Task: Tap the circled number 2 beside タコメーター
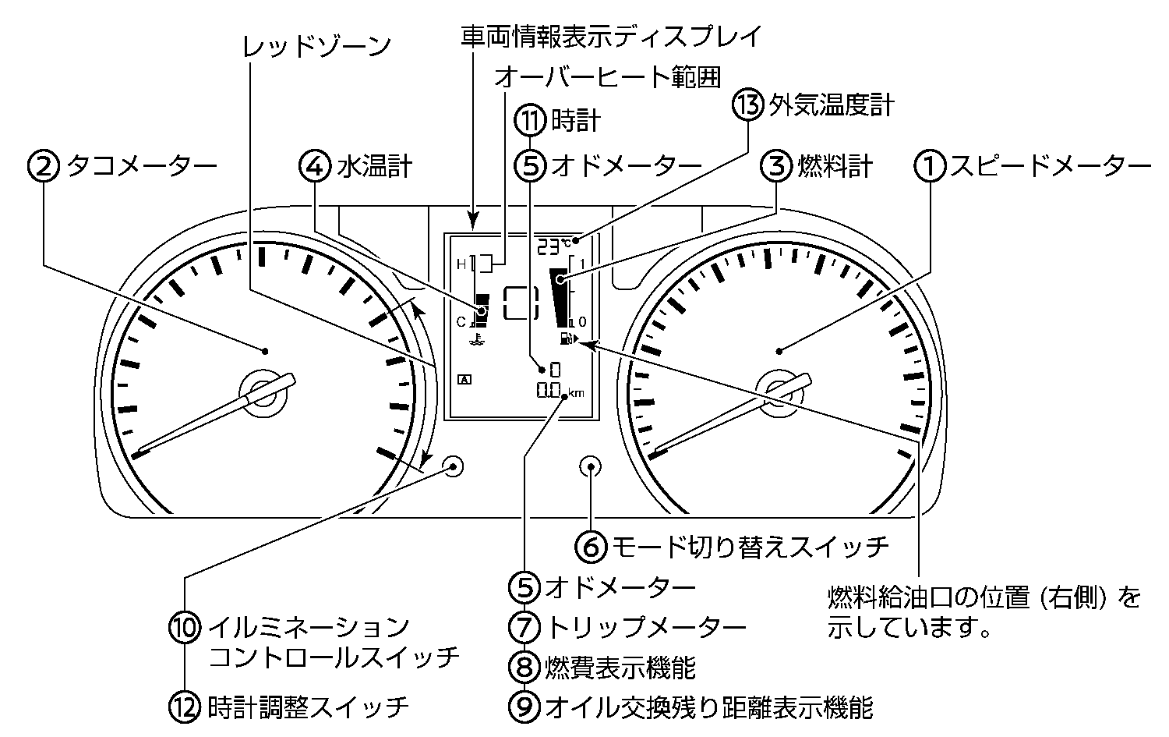[x=44, y=166]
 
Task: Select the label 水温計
[x=375, y=166]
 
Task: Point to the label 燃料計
[x=835, y=166]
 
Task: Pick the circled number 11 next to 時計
[x=530, y=121]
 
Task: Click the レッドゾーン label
[x=316, y=46]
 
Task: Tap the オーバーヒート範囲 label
[x=607, y=77]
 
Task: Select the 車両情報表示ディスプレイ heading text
[x=609, y=36]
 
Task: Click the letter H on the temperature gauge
[x=461, y=264]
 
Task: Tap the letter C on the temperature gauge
[x=461, y=321]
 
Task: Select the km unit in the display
[x=576, y=393]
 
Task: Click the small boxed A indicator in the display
[x=465, y=380]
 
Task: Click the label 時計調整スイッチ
[x=309, y=707]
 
